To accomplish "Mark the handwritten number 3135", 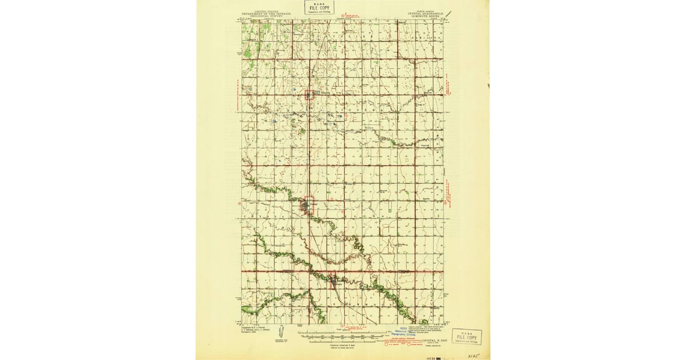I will tap(472, 355).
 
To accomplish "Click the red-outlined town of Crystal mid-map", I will tap(308, 206).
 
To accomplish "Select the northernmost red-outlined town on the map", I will tap(309, 94).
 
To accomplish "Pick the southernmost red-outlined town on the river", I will tap(333, 280).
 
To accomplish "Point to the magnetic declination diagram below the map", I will tap(282, 333).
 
